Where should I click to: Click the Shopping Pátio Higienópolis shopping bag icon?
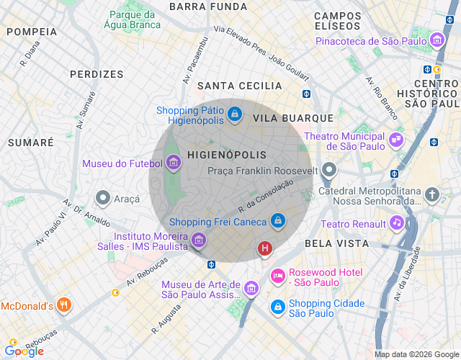coord(234,114)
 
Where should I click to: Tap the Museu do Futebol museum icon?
coord(173,163)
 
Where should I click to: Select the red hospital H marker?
coord(265,249)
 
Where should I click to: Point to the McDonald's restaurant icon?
coord(64,305)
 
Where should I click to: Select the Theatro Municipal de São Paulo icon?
coord(396,139)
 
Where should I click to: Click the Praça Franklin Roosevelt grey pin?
coord(329,171)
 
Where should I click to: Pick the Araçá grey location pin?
coord(103,197)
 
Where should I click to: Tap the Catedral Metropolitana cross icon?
coord(431,194)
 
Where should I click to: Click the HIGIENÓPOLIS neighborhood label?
coord(226,155)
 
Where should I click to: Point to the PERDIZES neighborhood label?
coord(97,73)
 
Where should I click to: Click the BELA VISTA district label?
coord(336,243)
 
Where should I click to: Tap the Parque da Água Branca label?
coord(133,20)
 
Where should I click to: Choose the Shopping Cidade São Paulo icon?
coord(277,307)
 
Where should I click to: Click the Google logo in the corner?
coord(24,351)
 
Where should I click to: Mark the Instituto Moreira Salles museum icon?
coord(200,240)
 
